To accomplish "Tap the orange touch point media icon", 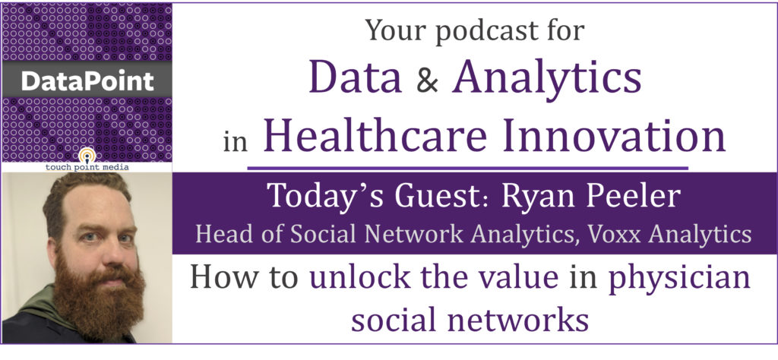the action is [87, 155].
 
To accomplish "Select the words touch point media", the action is [87, 167].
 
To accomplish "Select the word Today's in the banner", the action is [322, 197].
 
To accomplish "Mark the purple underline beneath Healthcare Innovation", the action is [467, 168].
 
